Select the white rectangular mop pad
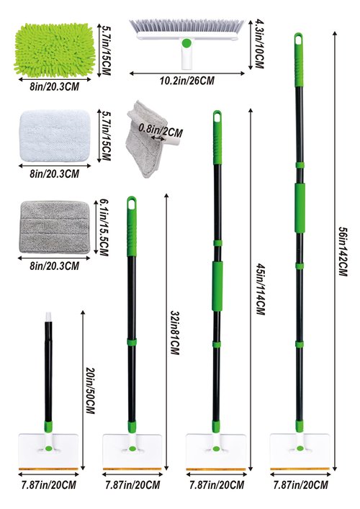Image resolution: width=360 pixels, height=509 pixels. tap(55, 135)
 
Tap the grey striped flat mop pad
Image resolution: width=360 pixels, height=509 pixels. tap(55, 228)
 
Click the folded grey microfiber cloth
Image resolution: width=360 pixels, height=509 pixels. tap(146, 140)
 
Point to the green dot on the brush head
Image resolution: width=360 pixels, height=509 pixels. tap(186, 43)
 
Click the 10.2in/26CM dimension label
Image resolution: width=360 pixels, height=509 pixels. tap(187, 81)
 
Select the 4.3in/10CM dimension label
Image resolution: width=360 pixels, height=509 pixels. tap(259, 44)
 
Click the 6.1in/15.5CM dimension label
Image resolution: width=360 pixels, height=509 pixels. tap(104, 228)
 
